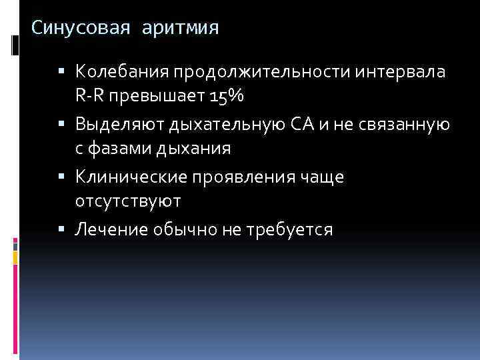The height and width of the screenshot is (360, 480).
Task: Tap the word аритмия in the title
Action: click(x=179, y=29)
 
